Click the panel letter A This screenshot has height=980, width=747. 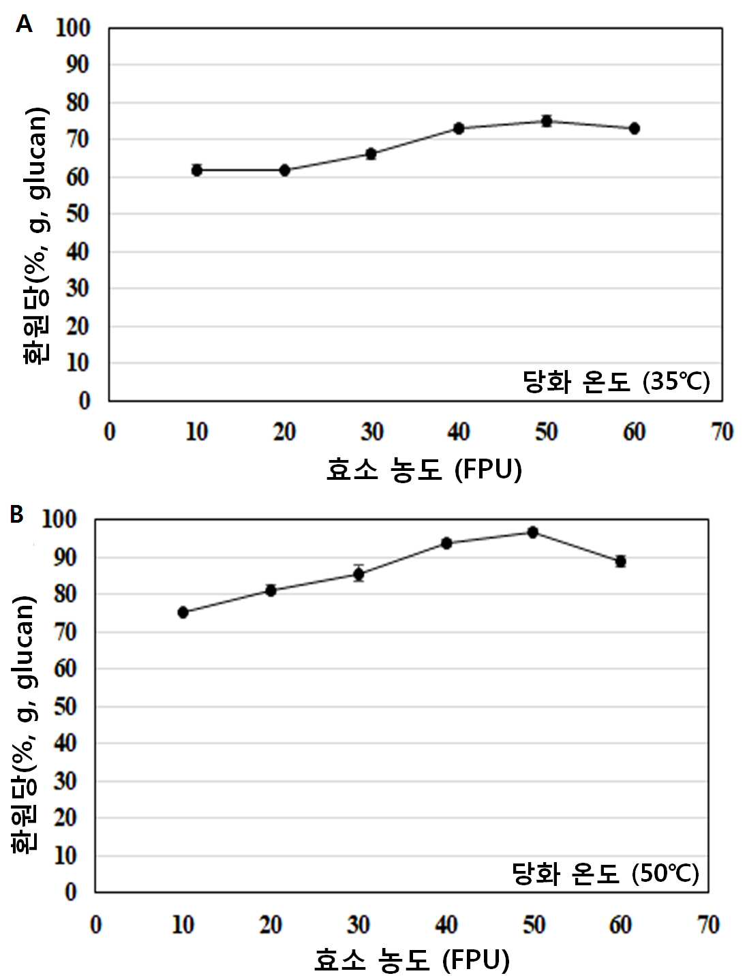(x=24, y=24)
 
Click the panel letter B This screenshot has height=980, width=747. (x=16, y=515)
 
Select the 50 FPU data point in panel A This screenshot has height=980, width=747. (x=547, y=121)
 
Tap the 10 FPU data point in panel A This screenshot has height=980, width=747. (x=197, y=170)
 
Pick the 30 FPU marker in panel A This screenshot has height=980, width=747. (x=371, y=154)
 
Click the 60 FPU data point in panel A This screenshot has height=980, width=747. (x=634, y=129)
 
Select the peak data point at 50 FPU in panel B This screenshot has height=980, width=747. (x=533, y=532)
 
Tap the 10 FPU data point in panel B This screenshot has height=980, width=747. (x=183, y=612)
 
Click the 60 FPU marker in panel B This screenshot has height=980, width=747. (x=620, y=561)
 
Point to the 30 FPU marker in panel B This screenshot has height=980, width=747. (x=359, y=575)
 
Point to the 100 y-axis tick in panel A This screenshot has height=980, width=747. (x=72, y=28)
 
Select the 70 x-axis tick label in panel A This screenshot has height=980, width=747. (x=722, y=432)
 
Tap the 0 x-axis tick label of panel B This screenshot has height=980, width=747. (x=96, y=925)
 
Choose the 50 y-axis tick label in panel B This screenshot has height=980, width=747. (x=65, y=707)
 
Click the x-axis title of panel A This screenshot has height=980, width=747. (x=424, y=470)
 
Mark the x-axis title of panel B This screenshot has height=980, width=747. (x=412, y=960)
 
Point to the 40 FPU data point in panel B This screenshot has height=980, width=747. (x=446, y=543)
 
